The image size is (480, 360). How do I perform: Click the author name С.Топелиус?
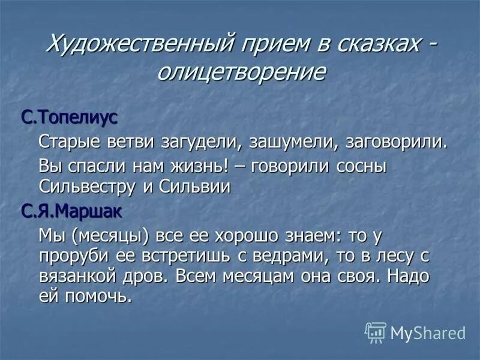(x=70, y=116)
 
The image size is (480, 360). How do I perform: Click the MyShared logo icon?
(x=375, y=332)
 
